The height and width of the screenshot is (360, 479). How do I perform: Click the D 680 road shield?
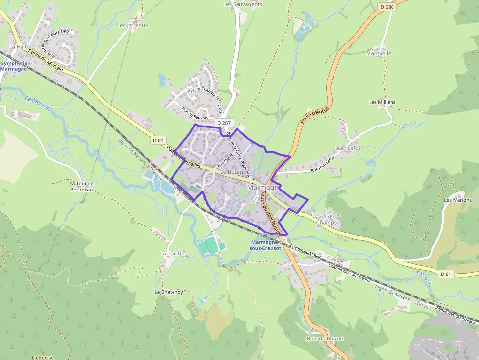pyautogui.click(x=387, y=7)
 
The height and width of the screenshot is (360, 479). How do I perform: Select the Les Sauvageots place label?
pyautogui.click(x=242, y=4)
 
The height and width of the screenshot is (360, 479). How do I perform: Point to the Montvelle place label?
pyautogui.click(x=379, y=53)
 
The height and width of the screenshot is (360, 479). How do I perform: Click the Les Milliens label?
pyautogui.click(x=382, y=102)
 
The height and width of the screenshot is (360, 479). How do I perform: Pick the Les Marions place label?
pyautogui.click(x=457, y=200)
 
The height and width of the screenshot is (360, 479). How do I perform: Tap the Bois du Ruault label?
pyautogui.click(x=325, y=339)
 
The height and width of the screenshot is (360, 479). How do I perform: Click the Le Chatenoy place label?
pyautogui.click(x=169, y=292)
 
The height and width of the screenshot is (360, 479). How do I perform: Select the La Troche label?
pyautogui.click(x=173, y=254)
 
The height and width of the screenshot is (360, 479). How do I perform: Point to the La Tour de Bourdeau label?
pyautogui.click(x=81, y=186)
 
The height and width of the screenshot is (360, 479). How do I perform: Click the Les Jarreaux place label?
pyautogui.click(x=132, y=25)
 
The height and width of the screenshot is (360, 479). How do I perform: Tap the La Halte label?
pyautogui.click(x=20, y=47)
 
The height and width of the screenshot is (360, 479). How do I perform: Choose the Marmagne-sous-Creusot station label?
pyautogui.click(x=265, y=245)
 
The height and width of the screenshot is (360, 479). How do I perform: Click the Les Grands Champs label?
pyautogui.click(x=326, y=219)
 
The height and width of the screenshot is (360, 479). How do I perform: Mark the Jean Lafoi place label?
pyautogui.click(x=347, y=148)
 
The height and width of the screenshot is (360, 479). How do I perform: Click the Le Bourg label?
pyautogui.click(x=232, y=172)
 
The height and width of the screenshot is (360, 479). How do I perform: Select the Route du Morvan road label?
pyautogui.click(x=45, y=61)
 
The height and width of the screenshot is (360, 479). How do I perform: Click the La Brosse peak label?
pyautogui.click(x=43, y=357)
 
